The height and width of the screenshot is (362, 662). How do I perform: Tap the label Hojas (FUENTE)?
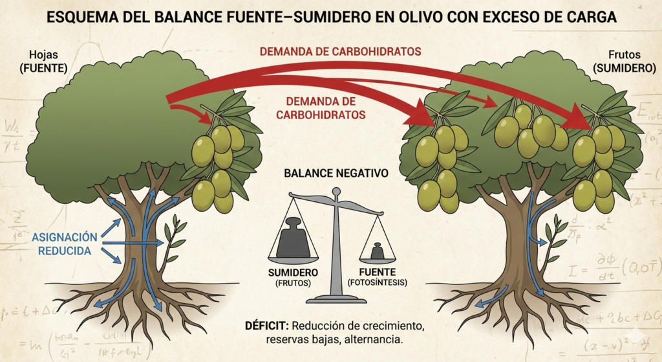click(43, 61)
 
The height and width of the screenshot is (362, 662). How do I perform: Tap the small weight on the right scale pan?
click(375, 251)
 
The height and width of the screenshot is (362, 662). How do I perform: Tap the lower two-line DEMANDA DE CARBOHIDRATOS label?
click(321, 107)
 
